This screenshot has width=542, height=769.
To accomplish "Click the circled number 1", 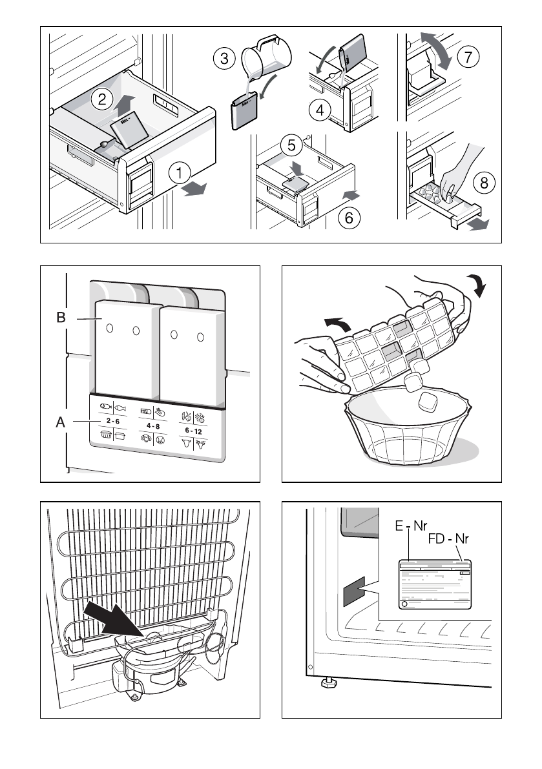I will pyautogui.click(x=180, y=172).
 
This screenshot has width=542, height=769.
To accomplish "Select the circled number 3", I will pyautogui.click(x=224, y=59).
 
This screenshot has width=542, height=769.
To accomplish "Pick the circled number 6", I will pyautogui.click(x=349, y=218).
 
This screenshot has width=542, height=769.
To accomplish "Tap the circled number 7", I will pyautogui.click(x=468, y=56).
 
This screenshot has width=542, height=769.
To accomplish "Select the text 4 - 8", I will pyautogui.click(x=153, y=426).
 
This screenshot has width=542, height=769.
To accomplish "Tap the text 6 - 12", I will pyautogui.click(x=194, y=431).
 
